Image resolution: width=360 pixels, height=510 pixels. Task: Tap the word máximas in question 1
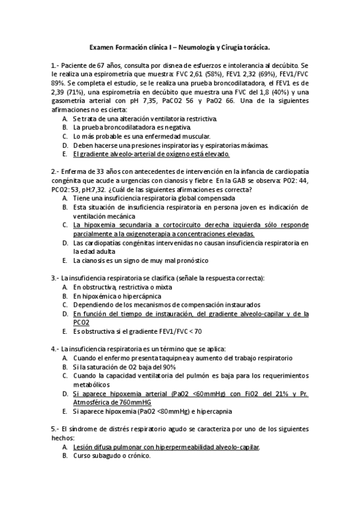click(254, 145)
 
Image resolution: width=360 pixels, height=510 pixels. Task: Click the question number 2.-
click(55, 171)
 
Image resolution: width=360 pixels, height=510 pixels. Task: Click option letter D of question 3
click(64, 313)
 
